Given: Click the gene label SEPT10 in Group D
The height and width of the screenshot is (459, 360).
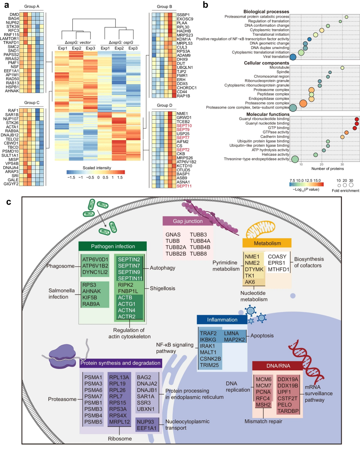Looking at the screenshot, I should [x=184, y=126].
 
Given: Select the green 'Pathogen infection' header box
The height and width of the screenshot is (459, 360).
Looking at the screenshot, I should [x=113, y=246].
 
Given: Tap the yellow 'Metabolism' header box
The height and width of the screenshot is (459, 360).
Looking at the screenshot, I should [x=267, y=243].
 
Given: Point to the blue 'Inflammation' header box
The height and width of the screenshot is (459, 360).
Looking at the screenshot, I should [x=222, y=319].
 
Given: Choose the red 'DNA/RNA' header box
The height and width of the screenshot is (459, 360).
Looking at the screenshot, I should [x=278, y=366].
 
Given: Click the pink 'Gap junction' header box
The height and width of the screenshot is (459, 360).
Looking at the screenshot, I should [x=188, y=221].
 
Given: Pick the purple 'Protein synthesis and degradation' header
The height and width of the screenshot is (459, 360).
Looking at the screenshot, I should [x=120, y=363].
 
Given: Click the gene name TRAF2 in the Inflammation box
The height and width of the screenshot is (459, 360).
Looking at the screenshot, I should [x=208, y=333].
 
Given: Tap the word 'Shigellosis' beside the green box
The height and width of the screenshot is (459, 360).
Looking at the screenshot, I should [x=163, y=288].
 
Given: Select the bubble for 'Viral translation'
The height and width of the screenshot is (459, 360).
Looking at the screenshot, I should [x=293, y=57].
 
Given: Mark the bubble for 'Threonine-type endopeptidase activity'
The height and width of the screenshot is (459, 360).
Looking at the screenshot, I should [x=295, y=159].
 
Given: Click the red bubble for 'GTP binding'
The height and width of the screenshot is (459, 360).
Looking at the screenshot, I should [x=355, y=128].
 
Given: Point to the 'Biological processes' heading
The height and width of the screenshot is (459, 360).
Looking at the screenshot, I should [x=266, y=12].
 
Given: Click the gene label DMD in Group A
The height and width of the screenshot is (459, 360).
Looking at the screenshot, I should [x=14, y=15].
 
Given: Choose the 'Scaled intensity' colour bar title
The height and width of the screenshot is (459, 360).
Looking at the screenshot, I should [x=97, y=168].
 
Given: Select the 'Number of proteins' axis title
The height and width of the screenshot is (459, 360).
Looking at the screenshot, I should [x=328, y=168].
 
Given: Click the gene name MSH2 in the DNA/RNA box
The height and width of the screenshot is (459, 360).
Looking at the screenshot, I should [x=263, y=405].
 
